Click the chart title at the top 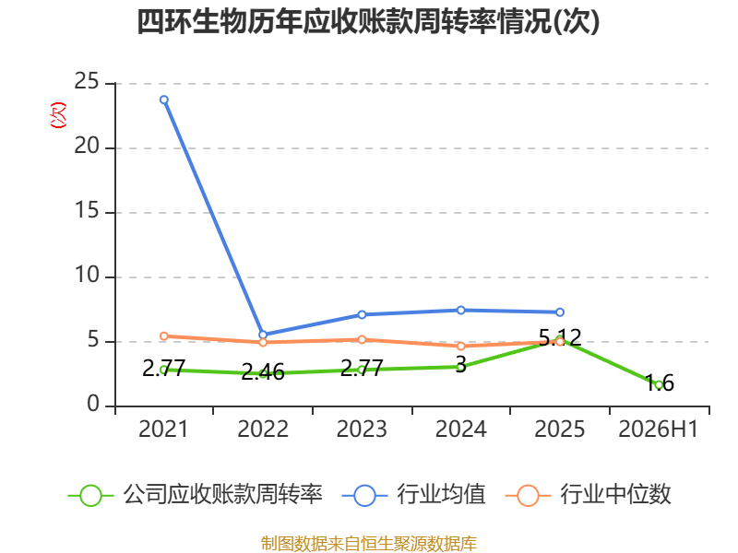pyautogui.click(x=368, y=21)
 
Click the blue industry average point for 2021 pyautogui.click(x=164, y=100)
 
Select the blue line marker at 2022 pyautogui.click(x=263, y=335)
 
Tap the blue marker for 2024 pyautogui.click(x=460, y=311)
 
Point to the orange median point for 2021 pyautogui.click(x=164, y=336)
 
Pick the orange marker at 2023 pyautogui.click(x=362, y=339)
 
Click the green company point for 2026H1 pyautogui.click(x=659, y=385)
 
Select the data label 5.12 pyautogui.click(x=560, y=337)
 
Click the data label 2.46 pyautogui.click(x=263, y=372)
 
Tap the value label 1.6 pyautogui.click(x=659, y=382)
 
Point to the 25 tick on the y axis pyautogui.click(x=87, y=81)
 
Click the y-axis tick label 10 pyautogui.click(x=87, y=275)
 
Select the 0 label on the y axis pyautogui.click(x=93, y=404)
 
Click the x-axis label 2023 pyautogui.click(x=362, y=429)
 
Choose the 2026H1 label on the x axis pyautogui.click(x=658, y=429)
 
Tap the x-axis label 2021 pyautogui.click(x=163, y=429)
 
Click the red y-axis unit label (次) pyautogui.click(x=58, y=115)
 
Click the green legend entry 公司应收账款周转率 pyautogui.click(x=196, y=495)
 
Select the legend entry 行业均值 pyautogui.click(x=413, y=495)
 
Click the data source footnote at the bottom pyautogui.click(x=369, y=544)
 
